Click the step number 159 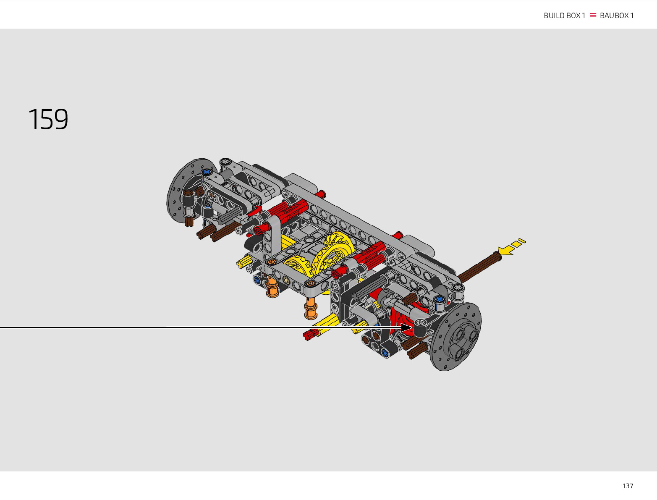coord(48,119)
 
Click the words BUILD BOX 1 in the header coord(564,16)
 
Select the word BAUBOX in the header coord(614,16)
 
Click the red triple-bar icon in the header coord(593,15)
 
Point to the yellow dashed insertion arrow coord(511,247)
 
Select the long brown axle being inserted coord(479,267)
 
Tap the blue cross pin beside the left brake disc coord(206,172)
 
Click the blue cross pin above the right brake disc coord(439,299)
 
